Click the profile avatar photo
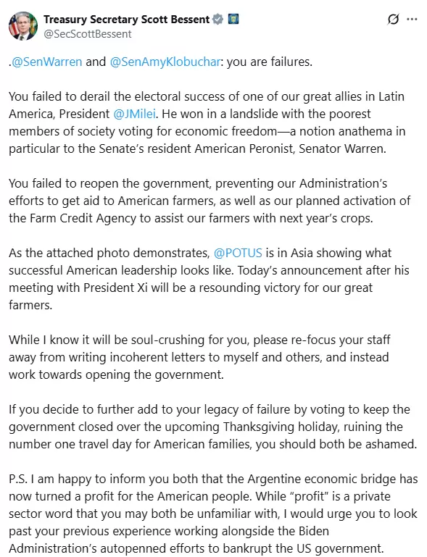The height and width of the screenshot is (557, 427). (x=23, y=25)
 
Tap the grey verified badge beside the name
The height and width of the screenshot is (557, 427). (x=217, y=19)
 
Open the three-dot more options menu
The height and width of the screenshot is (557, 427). (x=412, y=19)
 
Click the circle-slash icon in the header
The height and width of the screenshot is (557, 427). (x=393, y=19)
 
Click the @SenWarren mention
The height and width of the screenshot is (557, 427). (x=47, y=62)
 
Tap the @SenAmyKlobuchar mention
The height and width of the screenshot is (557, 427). (x=166, y=62)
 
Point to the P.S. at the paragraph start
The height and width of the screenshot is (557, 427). (x=20, y=479)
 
